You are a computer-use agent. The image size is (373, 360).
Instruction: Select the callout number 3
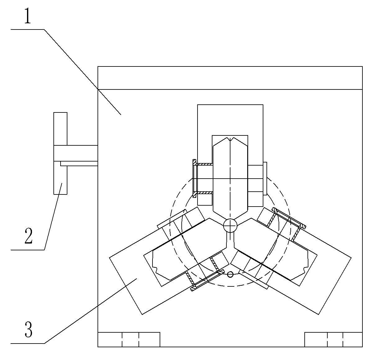pyautogui.click(x=28, y=330)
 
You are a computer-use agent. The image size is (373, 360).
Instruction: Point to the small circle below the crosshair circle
pyautogui.click(x=230, y=274)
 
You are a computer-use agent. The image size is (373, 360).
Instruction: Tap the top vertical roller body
pyautogui.click(x=230, y=174)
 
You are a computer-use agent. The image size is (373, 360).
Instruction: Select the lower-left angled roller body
pyautogui.click(x=180, y=252)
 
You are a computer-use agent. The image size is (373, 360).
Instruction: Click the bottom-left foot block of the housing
pyautogui.click(x=129, y=339)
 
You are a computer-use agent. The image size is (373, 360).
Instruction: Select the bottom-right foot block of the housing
pyautogui.click(x=333, y=339)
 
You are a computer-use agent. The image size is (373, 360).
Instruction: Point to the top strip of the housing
pyautogui.click(x=230, y=78)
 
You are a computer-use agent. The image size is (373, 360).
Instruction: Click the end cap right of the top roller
pyautogui.click(x=265, y=179)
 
